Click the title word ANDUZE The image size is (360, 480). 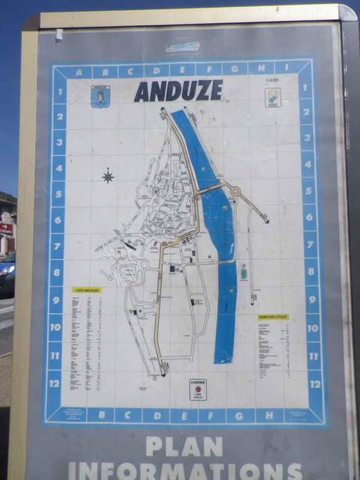178,91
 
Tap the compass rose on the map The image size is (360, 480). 108,175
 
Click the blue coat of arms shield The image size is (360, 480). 100,97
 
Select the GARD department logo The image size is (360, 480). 272,97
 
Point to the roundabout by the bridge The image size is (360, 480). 233,191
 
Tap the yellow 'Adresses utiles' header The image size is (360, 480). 272,316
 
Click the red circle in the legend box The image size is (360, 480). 197,389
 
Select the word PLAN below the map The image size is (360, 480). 184,447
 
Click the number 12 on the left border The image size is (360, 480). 54,383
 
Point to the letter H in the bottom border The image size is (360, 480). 268,414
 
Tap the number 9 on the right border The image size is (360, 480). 311,300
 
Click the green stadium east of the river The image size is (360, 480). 243,272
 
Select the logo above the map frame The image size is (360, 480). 182,47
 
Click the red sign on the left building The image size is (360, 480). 5,228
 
